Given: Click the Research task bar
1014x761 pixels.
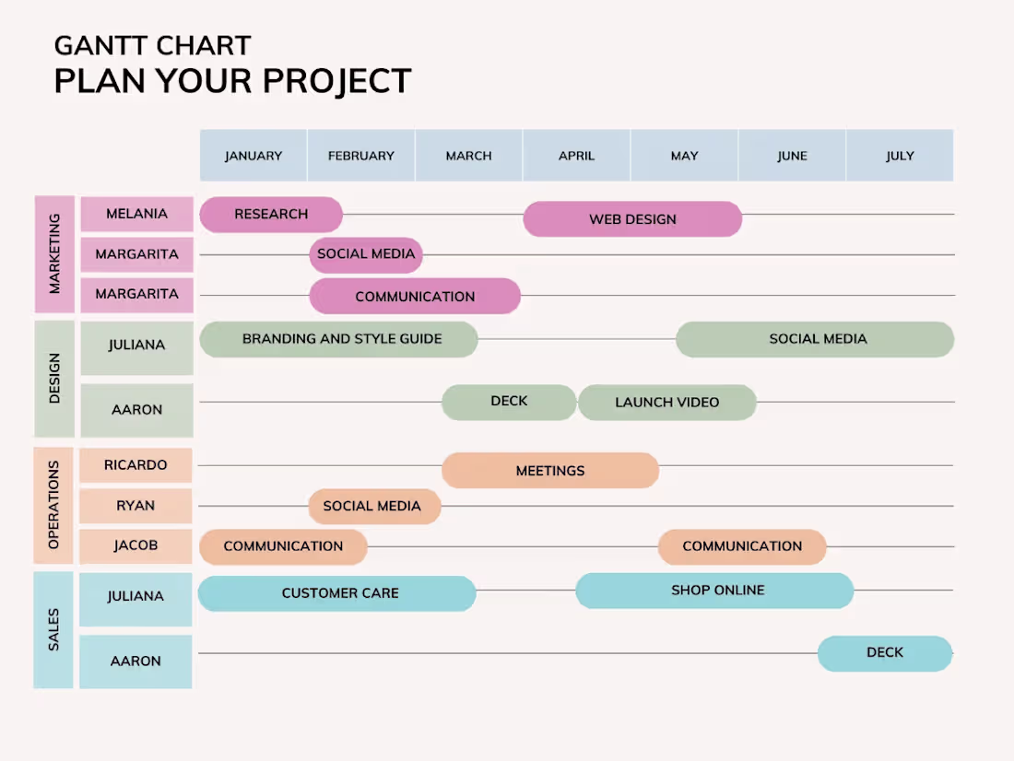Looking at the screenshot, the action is coord(271,214).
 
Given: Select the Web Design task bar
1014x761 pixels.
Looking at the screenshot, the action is coord(632,219).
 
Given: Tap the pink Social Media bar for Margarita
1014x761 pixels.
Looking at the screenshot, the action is coord(366,255).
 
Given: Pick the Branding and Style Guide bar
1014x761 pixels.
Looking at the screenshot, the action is coord(339,339).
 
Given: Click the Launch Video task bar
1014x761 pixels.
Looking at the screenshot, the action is coord(667,403).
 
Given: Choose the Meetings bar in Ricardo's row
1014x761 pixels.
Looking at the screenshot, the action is coord(550,470).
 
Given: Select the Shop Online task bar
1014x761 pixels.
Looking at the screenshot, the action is coord(714,591).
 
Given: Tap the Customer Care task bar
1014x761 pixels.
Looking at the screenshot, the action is coord(336,593).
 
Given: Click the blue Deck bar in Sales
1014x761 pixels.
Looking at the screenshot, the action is coord(885,653).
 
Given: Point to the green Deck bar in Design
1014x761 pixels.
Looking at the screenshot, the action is coord(509,403).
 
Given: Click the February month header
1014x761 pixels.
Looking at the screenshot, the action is coord(360,155).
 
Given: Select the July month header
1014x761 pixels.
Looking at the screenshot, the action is coord(901,155).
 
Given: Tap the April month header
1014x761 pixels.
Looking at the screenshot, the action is coord(576,155).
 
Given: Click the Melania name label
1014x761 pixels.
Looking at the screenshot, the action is coord(137,214).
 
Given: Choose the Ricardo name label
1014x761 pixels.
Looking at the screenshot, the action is coord(136,465).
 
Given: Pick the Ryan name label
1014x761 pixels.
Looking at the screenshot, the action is coord(136,506).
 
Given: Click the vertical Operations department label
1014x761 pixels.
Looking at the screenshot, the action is coord(53,505).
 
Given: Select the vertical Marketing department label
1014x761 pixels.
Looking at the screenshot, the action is coord(54,254).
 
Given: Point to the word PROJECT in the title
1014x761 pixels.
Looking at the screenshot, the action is coord(336,81).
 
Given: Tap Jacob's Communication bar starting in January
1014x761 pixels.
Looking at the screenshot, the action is coord(283,546).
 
